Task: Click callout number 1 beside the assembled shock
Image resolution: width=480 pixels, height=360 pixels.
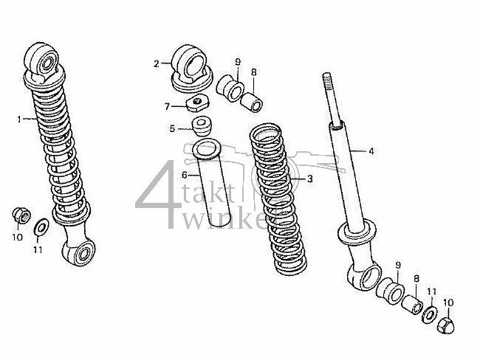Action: pyautogui.click(x=19, y=120)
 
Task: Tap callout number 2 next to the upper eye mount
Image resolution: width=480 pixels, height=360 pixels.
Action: pyautogui.click(x=157, y=64)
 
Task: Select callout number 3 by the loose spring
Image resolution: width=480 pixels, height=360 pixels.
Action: pyautogui.click(x=310, y=179)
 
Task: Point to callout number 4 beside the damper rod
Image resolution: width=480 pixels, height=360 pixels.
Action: pyautogui.click(x=371, y=151)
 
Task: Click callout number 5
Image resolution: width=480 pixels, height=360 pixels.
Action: pyautogui.click(x=172, y=129)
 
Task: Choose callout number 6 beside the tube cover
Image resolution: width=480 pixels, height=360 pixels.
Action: pyautogui.click(x=185, y=175)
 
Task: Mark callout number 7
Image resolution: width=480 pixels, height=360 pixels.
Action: pyautogui.click(x=167, y=107)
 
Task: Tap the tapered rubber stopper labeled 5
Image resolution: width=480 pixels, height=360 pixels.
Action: pyautogui.click(x=201, y=125)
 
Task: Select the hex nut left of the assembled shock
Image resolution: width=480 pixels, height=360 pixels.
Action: pyautogui.click(x=21, y=215)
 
